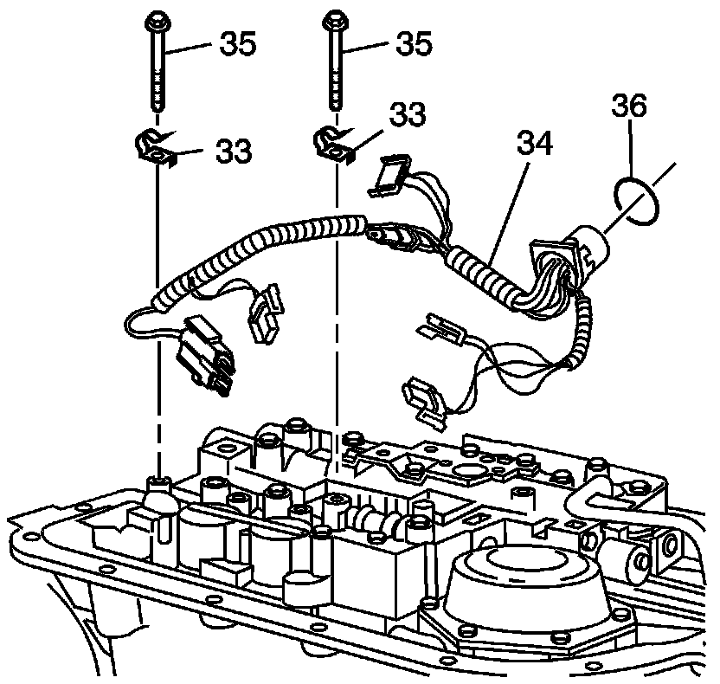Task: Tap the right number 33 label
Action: click(x=407, y=113)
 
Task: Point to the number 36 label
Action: click(x=629, y=108)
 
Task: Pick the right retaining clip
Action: click(x=333, y=142)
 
